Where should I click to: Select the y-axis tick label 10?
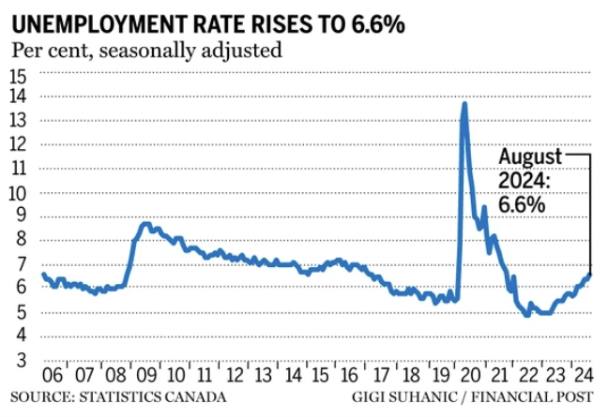19,193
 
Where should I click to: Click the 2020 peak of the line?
464,104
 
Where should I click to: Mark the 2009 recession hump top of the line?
144,224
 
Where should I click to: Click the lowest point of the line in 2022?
527,314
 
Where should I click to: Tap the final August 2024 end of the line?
590,274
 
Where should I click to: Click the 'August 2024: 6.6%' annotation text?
530,181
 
